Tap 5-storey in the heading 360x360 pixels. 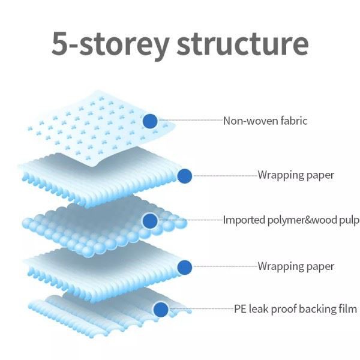(102, 44)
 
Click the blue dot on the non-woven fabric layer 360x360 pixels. (150, 121)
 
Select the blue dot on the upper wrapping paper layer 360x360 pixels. (185, 176)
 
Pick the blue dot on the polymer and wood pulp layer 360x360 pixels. (150, 221)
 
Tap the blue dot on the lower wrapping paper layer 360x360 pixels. (185, 266)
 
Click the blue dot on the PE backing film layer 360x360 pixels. (160, 310)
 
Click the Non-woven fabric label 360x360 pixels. (265, 121)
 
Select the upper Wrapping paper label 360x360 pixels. (296, 176)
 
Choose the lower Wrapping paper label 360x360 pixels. (296, 266)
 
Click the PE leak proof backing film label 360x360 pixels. (295, 310)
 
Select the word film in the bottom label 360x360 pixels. (348, 310)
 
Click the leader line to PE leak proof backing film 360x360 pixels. (201, 310)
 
